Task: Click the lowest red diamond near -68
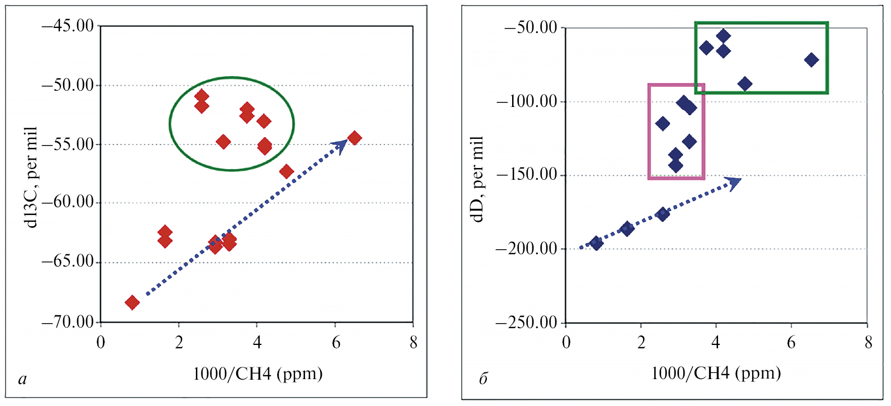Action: [x=132, y=303]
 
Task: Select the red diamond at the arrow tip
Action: [x=354, y=138]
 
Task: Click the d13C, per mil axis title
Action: [x=31, y=176]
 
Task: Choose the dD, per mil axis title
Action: [x=477, y=179]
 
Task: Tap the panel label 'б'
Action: [x=484, y=379]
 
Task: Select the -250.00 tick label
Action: [x=527, y=323]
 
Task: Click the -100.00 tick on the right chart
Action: [x=527, y=101]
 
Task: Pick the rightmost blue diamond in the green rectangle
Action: [x=811, y=60]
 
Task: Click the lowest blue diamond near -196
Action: [x=596, y=243]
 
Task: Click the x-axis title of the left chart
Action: [x=257, y=374]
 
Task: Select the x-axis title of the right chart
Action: [x=716, y=373]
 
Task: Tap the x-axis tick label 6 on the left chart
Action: [x=336, y=343]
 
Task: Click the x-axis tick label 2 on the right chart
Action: [x=641, y=343]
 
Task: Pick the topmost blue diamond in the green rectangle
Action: [x=723, y=36]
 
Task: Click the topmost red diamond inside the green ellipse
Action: [x=201, y=96]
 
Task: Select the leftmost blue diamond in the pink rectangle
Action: [x=663, y=124]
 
